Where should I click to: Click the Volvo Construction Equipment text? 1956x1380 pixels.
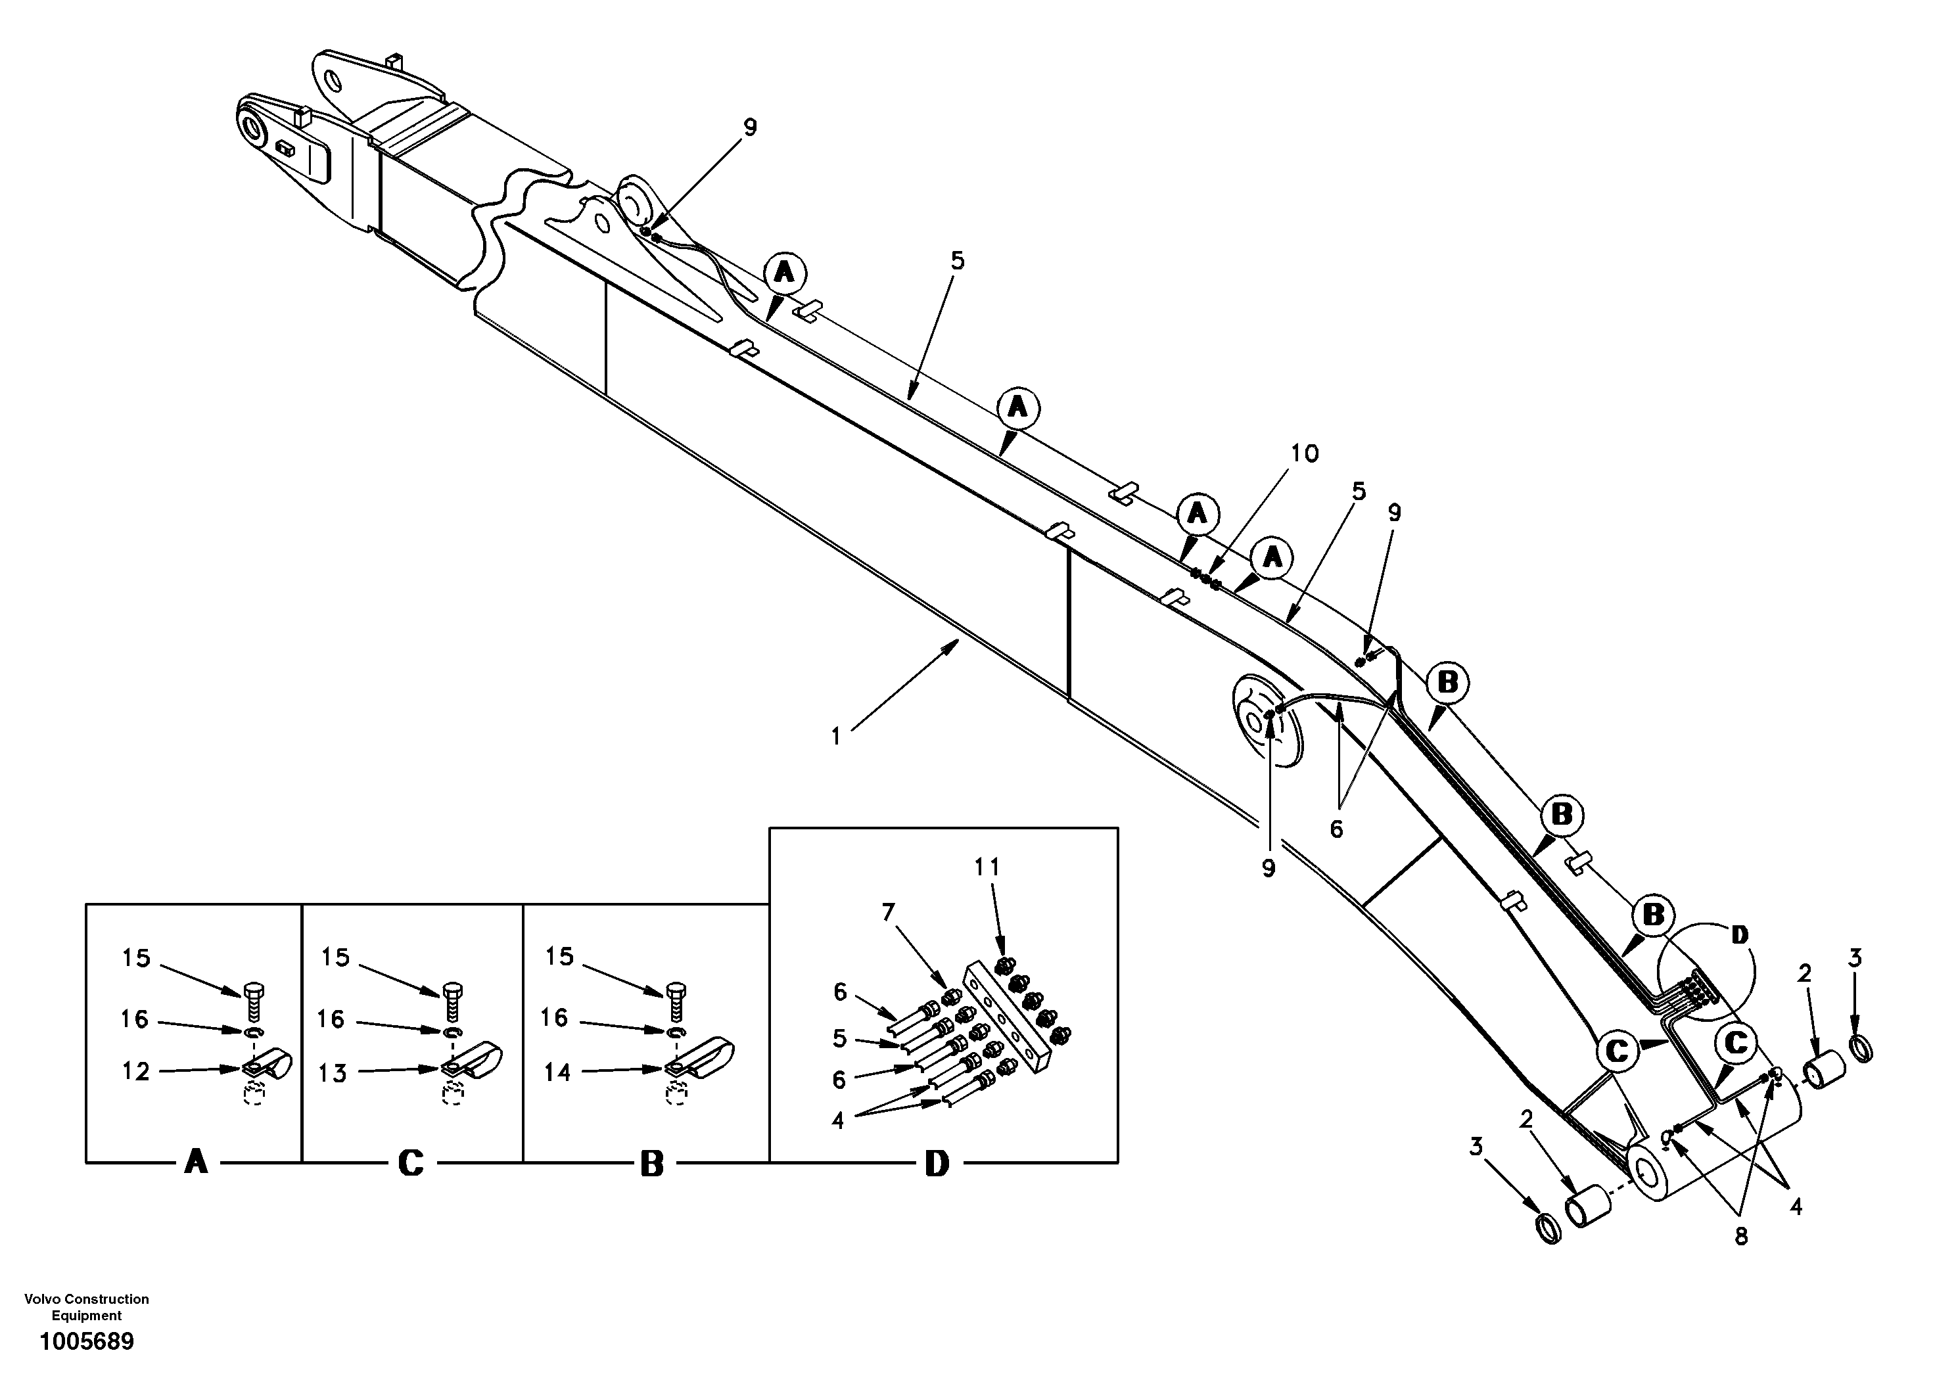[x=86, y=1307]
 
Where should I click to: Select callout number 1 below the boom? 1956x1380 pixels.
[x=836, y=736]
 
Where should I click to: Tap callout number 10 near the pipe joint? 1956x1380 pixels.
[x=1304, y=453]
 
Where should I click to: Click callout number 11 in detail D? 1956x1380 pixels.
[x=987, y=867]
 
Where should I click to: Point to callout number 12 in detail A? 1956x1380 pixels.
[x=135, y=1072]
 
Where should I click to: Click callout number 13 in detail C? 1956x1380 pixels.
[x=333, y=1073]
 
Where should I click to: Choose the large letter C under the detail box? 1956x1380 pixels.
[x=411, y=1164]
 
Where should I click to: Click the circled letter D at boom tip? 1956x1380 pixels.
[x=1738, y=935]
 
